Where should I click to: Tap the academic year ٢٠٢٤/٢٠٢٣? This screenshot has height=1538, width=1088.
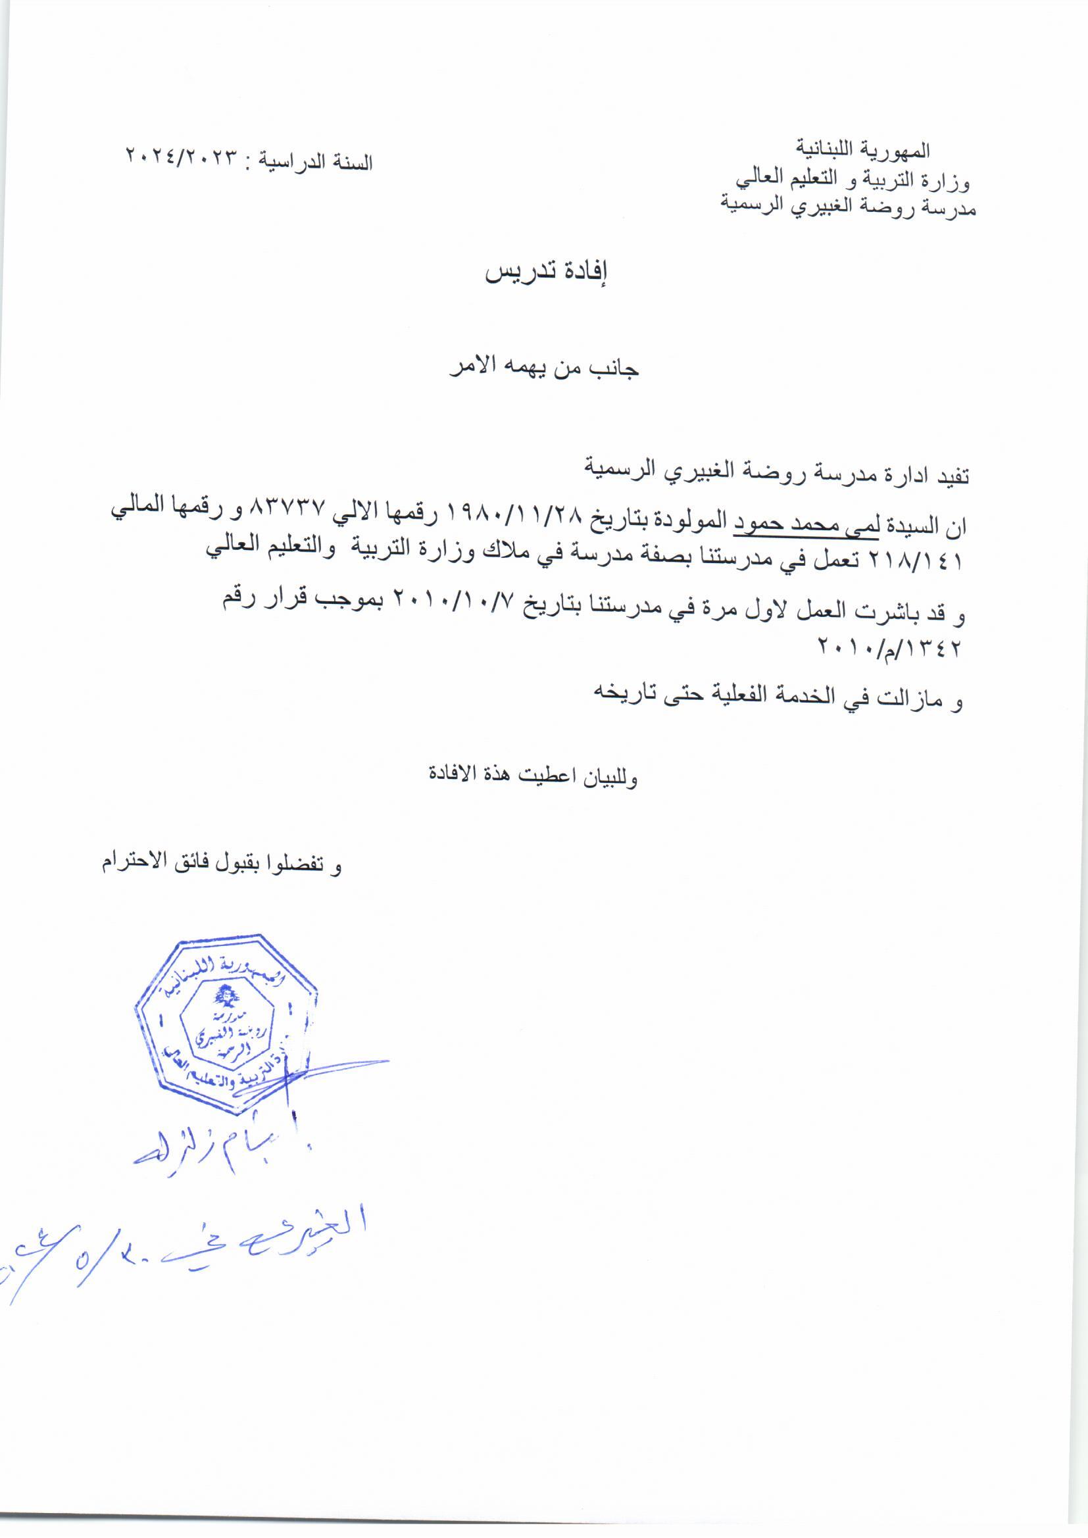tap(182, 159)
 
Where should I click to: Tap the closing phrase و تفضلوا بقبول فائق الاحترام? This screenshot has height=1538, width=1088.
tap(222, 864)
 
